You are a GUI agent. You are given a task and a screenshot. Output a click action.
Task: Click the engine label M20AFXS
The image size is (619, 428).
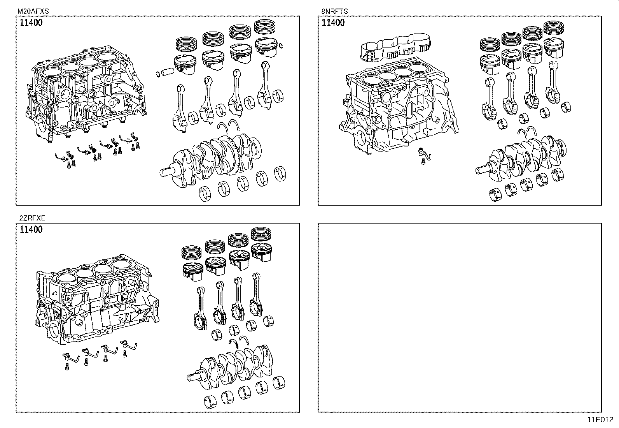pos(33,11)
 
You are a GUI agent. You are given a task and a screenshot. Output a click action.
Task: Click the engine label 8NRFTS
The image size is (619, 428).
pos(334,11)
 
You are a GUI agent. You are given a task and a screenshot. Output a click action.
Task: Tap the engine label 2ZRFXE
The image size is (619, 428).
pos(31,218)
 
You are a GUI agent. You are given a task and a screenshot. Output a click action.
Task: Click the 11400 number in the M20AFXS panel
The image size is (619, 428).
pos(31,23)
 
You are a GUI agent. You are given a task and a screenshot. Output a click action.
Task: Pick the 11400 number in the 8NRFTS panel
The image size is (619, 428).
pos(333,23)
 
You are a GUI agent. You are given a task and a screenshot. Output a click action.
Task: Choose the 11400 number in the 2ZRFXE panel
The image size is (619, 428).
pos(31,229)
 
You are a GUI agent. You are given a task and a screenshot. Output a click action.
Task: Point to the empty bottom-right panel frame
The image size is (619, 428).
pos(460,317)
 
